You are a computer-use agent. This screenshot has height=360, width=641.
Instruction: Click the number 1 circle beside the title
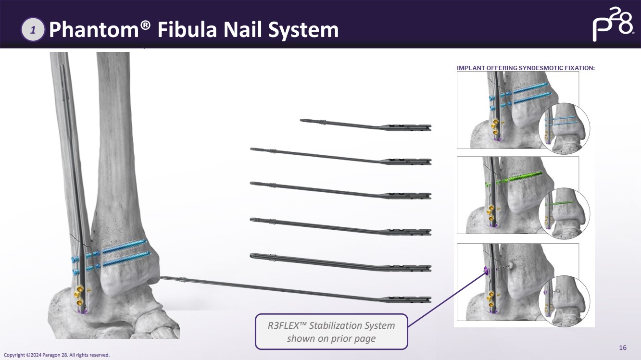[33, 29]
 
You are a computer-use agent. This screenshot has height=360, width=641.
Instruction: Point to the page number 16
[623, 348]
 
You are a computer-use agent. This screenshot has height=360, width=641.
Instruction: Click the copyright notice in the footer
[57, 355]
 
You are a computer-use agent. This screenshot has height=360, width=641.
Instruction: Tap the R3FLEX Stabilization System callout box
[331, 332]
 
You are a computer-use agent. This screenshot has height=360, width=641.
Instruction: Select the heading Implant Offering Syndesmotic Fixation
[526, 68]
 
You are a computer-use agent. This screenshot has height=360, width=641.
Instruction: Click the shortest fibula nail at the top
[365, 125]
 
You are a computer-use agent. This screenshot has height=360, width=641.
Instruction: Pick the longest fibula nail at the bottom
[295, 289]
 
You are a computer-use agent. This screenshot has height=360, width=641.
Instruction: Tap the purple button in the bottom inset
[486, 269]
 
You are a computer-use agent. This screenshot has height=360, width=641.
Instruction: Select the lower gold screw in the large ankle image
[79, 302]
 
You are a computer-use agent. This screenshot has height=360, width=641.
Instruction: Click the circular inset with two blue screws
[564, 128]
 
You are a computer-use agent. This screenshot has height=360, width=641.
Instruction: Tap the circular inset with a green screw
[564, 213]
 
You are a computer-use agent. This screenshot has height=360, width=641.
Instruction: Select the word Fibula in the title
[187, 29]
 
